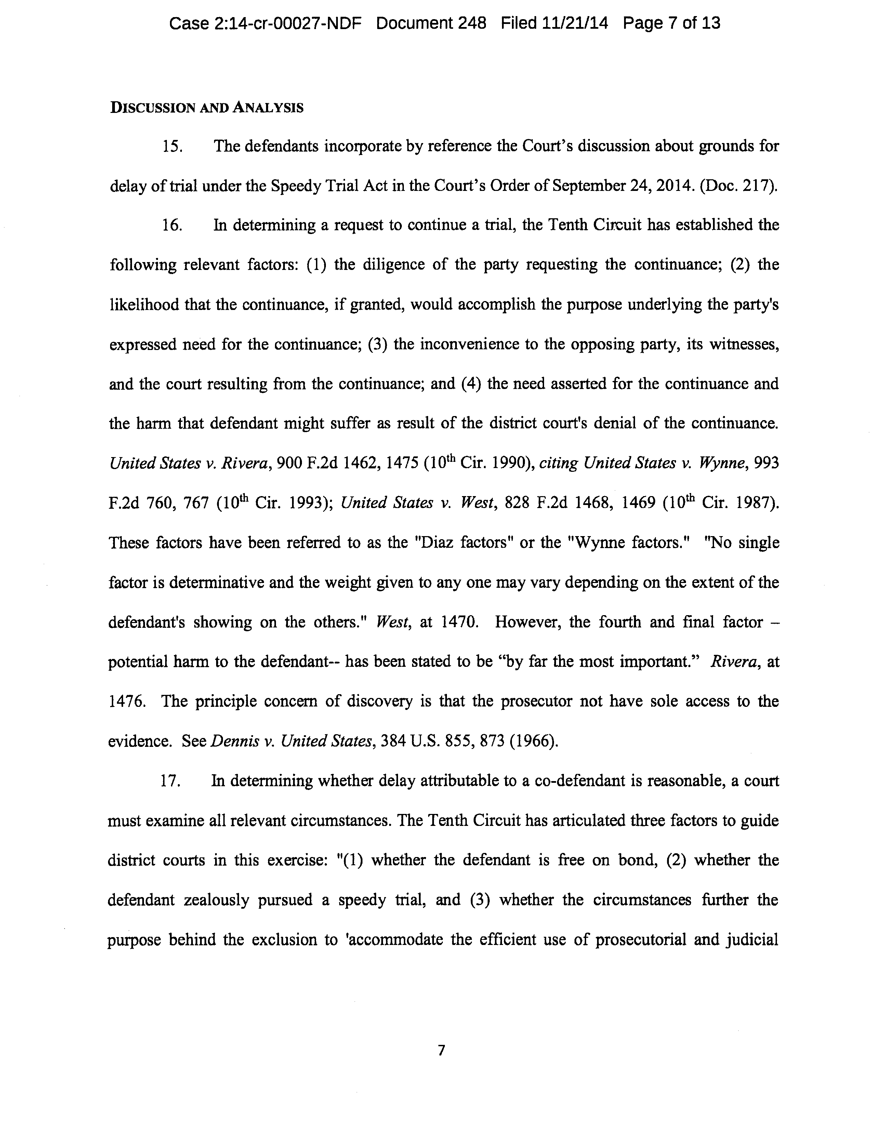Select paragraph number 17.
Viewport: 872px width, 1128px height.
point(170,781)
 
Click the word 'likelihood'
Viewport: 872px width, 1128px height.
point(144,305)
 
